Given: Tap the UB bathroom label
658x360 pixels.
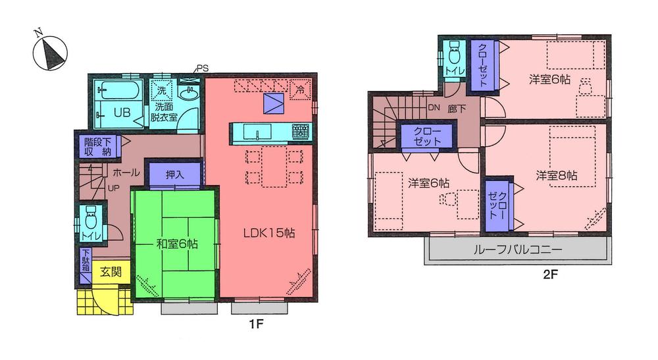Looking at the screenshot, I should point(122,112).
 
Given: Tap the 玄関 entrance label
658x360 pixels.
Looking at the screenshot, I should point(110,270).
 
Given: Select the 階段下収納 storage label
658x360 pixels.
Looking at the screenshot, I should point(97,146).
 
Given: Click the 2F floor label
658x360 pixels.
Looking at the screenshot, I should point(551,275).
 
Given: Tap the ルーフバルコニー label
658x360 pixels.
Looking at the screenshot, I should point(517,250).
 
